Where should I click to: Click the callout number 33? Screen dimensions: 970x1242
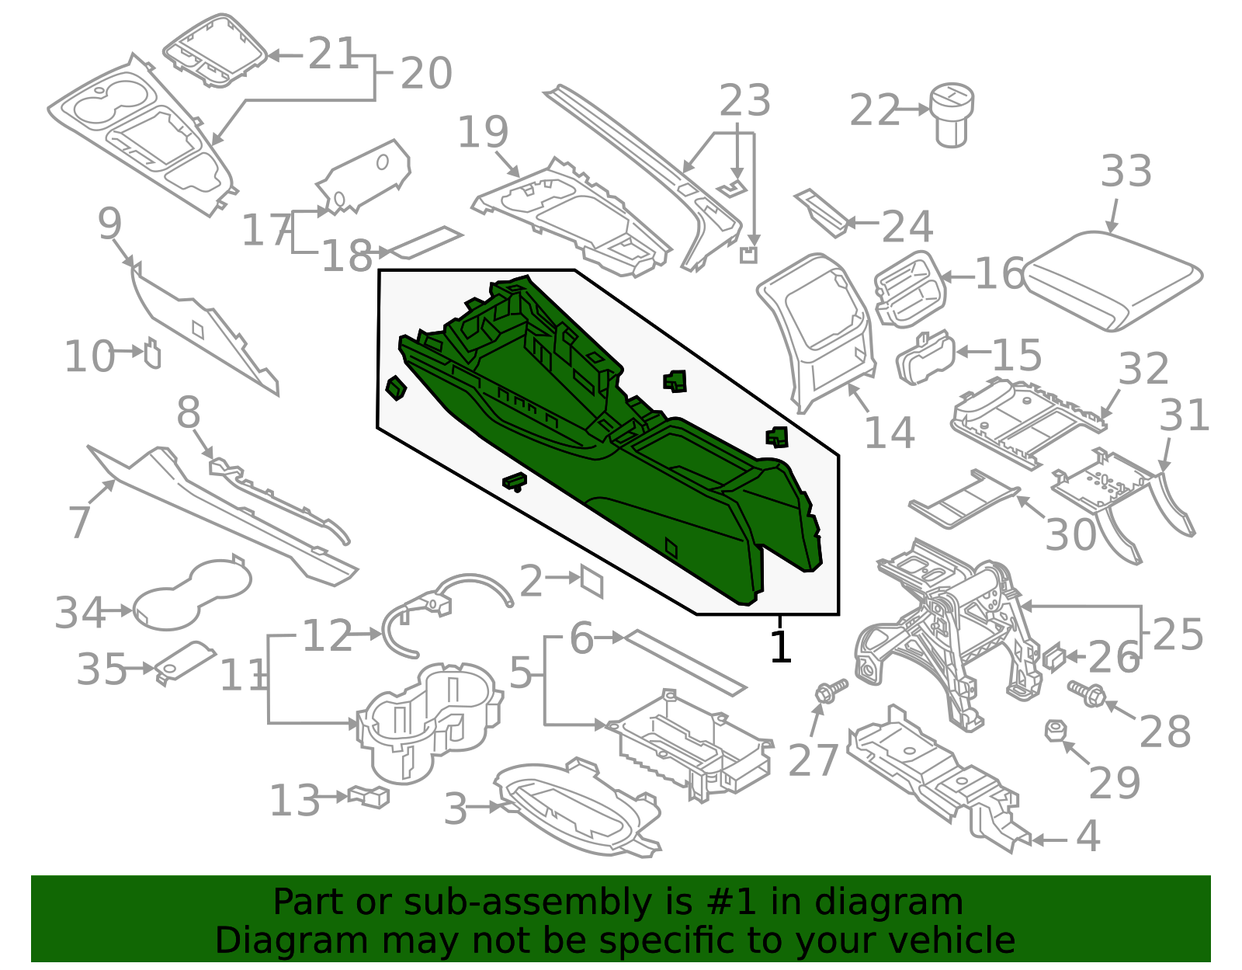pos(1126,172)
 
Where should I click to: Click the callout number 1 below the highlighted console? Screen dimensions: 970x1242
pos(780,647)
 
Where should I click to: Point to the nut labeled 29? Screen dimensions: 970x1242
pos(1054,730)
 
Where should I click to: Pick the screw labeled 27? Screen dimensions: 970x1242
pos(829,690)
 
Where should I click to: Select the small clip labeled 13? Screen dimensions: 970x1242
pos(369,796)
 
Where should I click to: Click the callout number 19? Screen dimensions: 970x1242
pos(483,132)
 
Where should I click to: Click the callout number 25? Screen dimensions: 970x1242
pos(1178,634)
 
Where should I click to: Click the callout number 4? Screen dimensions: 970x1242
pos(1088,837)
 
